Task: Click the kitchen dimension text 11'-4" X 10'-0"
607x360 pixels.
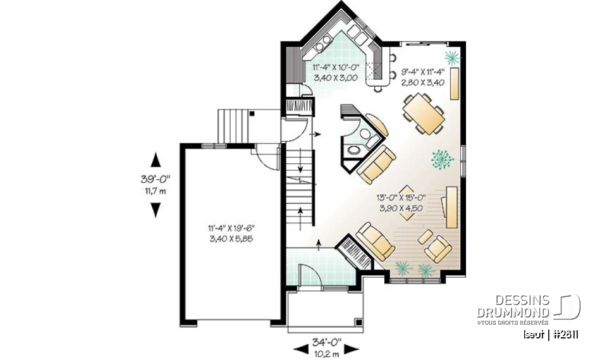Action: point(334,66)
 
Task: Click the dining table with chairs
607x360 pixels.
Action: point(423,114)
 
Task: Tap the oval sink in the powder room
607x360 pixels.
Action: point(354,151)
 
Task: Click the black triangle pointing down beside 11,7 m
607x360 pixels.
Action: point(154,210)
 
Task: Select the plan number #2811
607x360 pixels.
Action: point(565,334)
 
